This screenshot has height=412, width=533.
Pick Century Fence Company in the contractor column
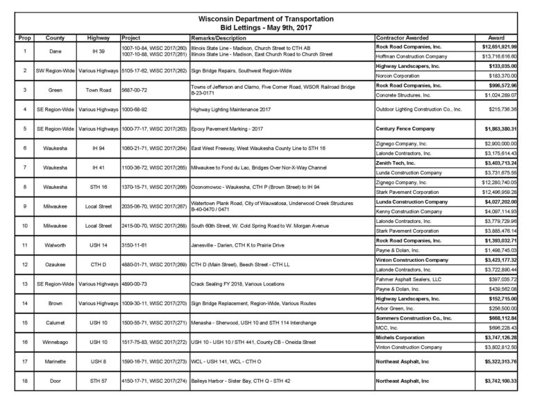pos(405,129)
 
